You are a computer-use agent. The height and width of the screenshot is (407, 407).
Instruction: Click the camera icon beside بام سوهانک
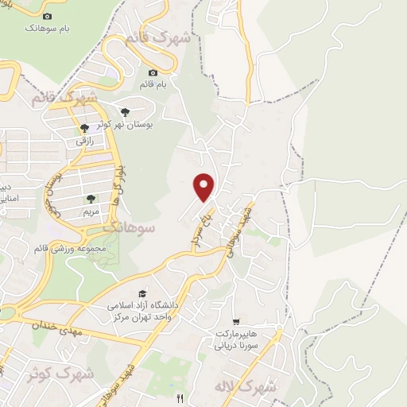click(x=47, y=17)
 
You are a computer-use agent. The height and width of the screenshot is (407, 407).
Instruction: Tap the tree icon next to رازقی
click(x=84, y=127)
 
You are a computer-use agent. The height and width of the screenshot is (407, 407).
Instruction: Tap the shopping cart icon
click(x=235, y=321)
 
